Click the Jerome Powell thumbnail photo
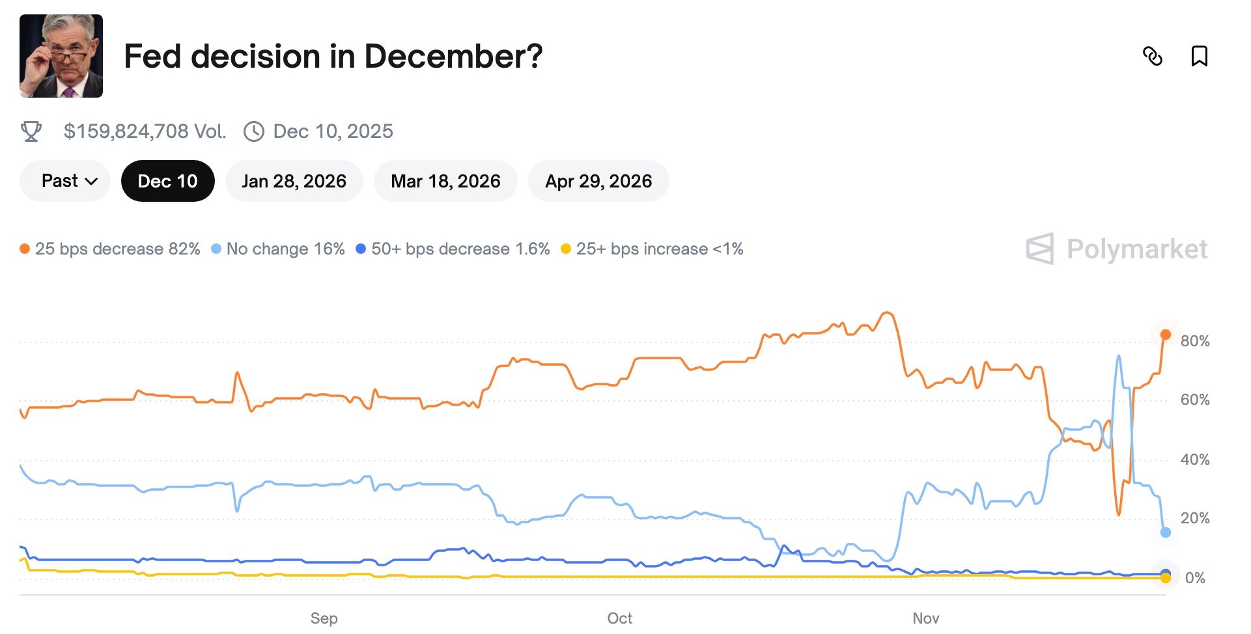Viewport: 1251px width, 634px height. (x=61, y=56)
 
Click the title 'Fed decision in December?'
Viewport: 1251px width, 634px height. (x=333, y=56)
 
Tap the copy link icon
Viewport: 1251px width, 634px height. (x=1153, y=57)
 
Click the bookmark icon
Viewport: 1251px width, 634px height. (x=1199, y=57)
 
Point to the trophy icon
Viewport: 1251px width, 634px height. (x=31, y=131)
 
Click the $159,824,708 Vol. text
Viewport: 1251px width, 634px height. (x=145, y=131)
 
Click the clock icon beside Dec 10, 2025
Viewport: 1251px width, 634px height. (x=253, y=131)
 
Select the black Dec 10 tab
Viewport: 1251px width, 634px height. (x=167, y=181)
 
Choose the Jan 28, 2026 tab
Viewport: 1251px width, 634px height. (x=294, y=181)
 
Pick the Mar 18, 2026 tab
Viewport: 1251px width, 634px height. (x=445, y=181)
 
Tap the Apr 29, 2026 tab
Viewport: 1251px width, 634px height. (x=598, y=181)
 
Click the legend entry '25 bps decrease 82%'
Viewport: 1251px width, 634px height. (x=111, y=249)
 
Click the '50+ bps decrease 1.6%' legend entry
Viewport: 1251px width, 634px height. (x=453, y=249)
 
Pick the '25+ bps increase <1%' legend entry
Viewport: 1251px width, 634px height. (x=653, y=249)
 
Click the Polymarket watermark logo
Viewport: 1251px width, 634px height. (x=1117, y=249)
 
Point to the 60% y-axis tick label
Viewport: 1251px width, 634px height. (x=1195, y=400)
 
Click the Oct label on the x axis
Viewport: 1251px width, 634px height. (x=619, y=618)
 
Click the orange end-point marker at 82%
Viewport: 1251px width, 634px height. (x=1166, y=335)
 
